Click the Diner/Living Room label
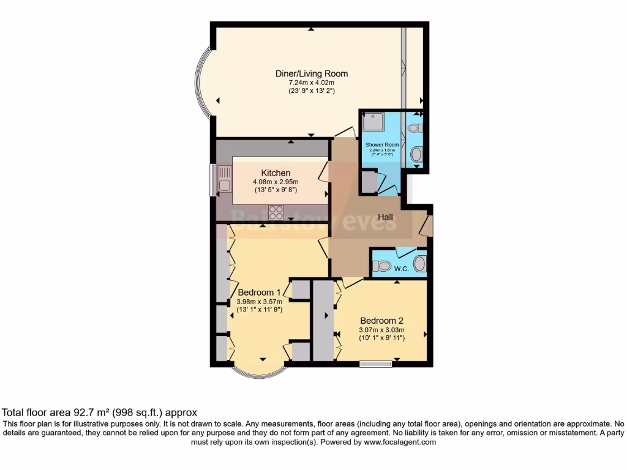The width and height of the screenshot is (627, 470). pyautogui.click(x=312, y=73)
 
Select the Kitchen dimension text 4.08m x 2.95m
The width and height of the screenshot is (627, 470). pyautogui.click(x=276, y=182)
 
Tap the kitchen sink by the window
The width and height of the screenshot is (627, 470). pyautogui.click(x=225, y=184)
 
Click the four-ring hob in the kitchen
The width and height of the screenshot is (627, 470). pyautogui.click(x=276, y=212)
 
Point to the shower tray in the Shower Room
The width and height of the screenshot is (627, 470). pyautogui.click(x=372, y=122)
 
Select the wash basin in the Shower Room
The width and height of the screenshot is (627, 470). pyautogui.click(x=416, y=154)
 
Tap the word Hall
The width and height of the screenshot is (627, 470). pyautogui.click(x=385, y=217)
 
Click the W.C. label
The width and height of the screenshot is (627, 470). pyautogui.click(x=402, y=269)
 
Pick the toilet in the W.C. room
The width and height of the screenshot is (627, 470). pyautogui.click(x=382, y=266)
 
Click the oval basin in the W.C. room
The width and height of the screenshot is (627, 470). pyautogui.click(x=419, y=264)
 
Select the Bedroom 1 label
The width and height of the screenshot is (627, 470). pyautogui.click(x=259, y=292)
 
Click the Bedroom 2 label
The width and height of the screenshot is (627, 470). pyautogui.click(x=381, y=321)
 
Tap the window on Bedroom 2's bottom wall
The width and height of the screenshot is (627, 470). pyautogui.click(x=375, y=365)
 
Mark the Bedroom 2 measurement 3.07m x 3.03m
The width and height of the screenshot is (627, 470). pyautogui.click(x=381, y=330)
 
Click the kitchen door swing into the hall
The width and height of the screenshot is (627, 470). pyautogui.click(x=323, y=171)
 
